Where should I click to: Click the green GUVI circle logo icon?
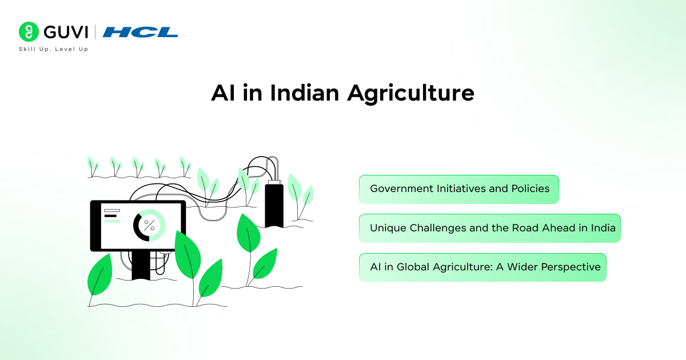point(28,32)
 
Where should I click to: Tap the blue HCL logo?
point(140,32)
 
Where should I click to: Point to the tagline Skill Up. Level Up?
point(53,49)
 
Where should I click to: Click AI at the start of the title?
point(222,93)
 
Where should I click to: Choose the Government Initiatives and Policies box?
point(458,189)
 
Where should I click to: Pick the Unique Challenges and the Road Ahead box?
point(489,228)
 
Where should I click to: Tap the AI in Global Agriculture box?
point(482,267)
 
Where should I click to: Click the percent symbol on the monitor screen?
point(149,225)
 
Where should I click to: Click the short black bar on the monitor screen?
point(110,216)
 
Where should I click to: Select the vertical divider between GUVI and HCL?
point(95,32)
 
